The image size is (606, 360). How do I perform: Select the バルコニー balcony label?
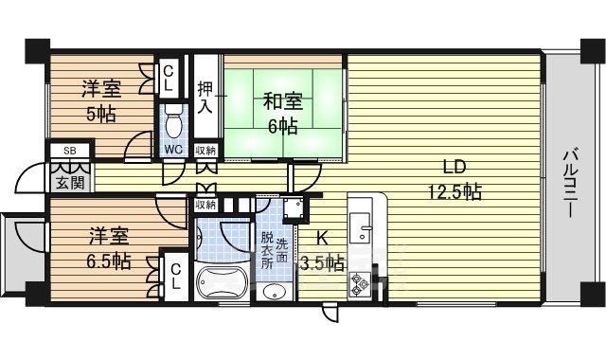pos(570,184)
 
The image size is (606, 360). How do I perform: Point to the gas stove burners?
pos(361,281)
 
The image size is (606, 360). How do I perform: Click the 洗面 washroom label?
pos(282,251)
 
